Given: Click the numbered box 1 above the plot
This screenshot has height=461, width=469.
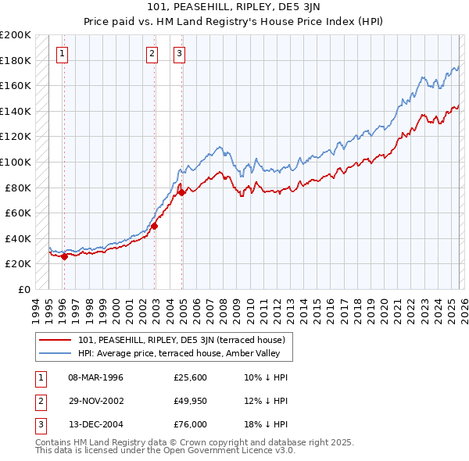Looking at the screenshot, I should [63, 54].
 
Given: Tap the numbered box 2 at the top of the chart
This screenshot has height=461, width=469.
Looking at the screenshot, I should [152, 54].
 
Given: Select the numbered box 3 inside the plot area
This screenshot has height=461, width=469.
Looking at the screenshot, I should [179, 54].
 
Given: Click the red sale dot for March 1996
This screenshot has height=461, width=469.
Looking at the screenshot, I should [64, 257].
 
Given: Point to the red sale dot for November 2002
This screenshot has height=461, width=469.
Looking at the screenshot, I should [154, 226].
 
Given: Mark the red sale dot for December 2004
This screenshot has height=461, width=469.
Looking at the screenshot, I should [181, 192].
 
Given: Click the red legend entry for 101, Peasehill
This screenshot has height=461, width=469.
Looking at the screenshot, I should [186, 340].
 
